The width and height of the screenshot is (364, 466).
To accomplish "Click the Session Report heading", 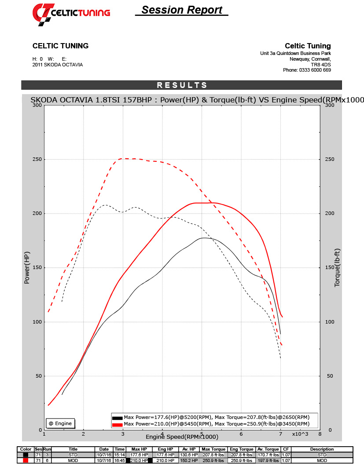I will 182,10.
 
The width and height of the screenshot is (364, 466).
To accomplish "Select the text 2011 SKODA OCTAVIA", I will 57,65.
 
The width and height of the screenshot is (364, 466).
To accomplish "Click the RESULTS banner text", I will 182,85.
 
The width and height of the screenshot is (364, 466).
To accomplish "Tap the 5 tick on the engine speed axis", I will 202,434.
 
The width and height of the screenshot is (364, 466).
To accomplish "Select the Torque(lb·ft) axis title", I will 338,268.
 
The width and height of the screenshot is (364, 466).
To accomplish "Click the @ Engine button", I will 60,423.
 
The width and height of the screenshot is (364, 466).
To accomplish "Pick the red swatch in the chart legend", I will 117,424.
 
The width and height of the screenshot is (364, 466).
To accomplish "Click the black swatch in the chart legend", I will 117,418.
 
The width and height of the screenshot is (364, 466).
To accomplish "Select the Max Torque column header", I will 213,449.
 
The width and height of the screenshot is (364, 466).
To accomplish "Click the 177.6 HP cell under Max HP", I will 139,455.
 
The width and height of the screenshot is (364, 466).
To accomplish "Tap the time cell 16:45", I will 120,460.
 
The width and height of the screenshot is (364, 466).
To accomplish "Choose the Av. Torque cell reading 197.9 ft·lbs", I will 268,460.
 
